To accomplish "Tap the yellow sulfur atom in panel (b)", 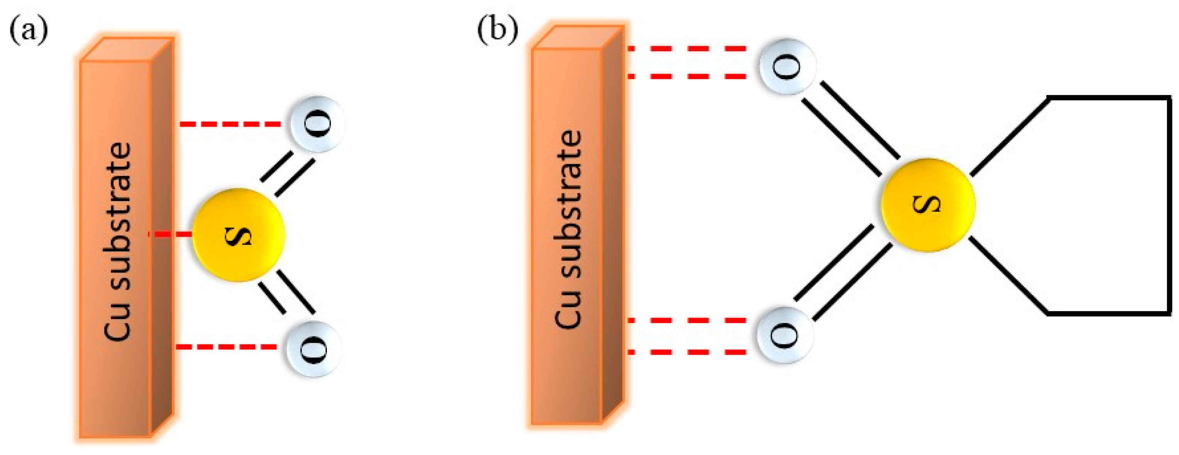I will pos(928,205).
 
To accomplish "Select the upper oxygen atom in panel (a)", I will pos(317,123).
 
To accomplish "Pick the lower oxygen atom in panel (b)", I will pos(785,335).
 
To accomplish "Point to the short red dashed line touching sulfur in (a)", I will pos(172,234).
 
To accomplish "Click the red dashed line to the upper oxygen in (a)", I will pos(230,124).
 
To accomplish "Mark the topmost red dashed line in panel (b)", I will pos(687,48).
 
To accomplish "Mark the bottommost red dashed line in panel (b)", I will pos(687,352).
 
